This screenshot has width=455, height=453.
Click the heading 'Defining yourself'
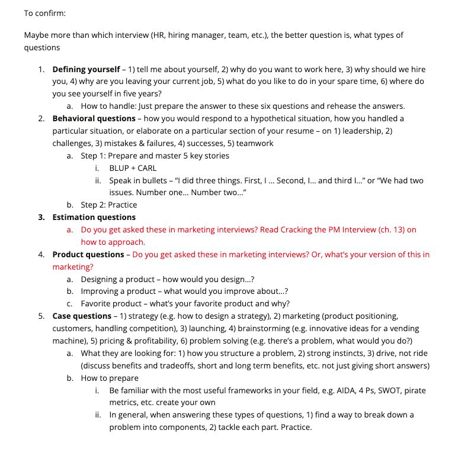(86, 69)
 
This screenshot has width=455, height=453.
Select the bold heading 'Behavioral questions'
(94, 118)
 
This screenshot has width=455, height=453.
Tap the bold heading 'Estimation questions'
(94, 217)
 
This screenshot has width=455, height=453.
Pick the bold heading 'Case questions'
(82, 316)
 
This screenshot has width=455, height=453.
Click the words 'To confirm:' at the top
(45, 12)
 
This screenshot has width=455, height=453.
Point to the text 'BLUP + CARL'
(133, 168)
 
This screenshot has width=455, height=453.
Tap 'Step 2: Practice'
(109, 205)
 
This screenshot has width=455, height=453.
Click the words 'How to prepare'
(110, 378)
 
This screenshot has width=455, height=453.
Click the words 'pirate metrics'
(414, 390)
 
